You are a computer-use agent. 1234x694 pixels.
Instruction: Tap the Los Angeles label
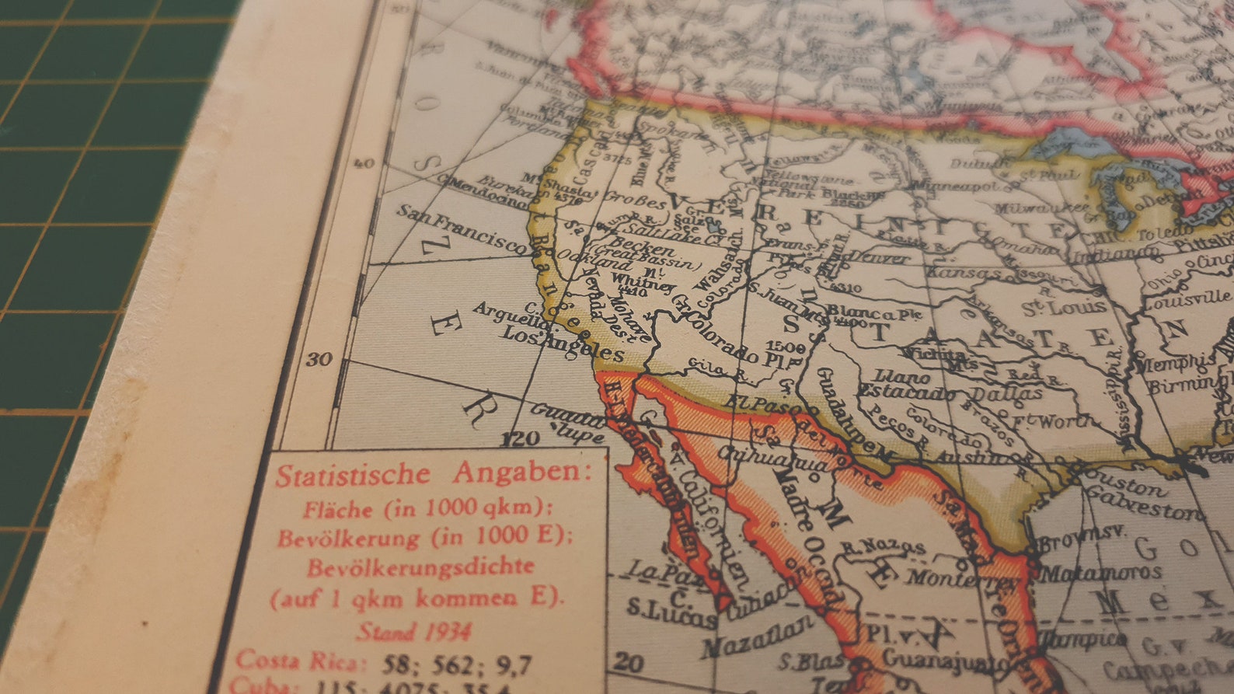[x=562, y=344]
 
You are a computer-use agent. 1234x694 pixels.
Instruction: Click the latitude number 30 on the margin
[x=319, y=360]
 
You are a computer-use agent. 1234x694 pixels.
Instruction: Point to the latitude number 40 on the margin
[x=364, y=163]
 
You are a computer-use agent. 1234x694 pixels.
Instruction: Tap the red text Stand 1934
[x=413, y=631]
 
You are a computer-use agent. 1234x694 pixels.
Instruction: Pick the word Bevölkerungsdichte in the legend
[x=420, y=567]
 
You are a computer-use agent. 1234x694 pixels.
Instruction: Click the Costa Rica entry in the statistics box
[x=299, y=661]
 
